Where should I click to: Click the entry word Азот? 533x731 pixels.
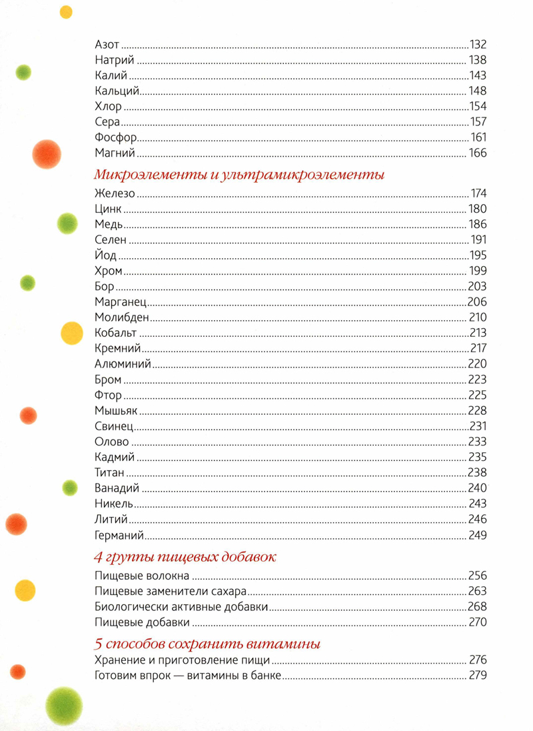[x=107, y=45]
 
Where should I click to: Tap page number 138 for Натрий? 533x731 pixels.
[x=478, y=60]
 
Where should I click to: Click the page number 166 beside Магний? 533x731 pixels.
[x=478, y=153]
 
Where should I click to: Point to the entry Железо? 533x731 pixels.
[x=115, y=193]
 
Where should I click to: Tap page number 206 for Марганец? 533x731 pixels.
[x=478, y=301]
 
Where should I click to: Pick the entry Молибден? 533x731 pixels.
[x=122, y=317]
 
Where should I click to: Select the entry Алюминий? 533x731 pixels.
[x=123, y=363]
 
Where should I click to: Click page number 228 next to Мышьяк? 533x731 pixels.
[x=478, y=410]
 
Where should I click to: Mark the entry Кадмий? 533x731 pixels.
[x=115, y=457]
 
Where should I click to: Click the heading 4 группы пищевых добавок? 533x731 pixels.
[x=185, y=557]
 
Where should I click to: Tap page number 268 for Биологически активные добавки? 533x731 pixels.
[x=478, y=606]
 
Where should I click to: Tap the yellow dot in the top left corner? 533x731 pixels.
[x=66, y=11]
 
